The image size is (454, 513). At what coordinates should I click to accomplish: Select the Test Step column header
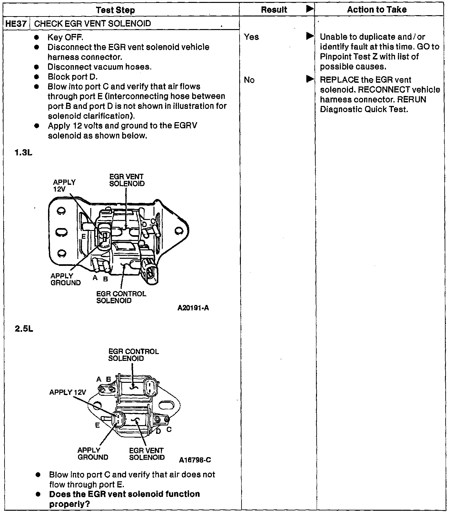(x=115, y=10)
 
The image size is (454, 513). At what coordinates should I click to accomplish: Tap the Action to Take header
(x=377, y=10)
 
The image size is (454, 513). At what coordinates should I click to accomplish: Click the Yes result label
(x=251, y=37)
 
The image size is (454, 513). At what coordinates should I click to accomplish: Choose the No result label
(x=249, y=80)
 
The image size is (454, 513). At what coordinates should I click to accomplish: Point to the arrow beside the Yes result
(x=310, y=36)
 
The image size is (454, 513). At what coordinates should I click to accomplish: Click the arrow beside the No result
(x=310, y=79)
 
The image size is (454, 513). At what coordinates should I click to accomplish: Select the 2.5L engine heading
(x=24, y=329)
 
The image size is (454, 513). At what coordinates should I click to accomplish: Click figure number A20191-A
(x=193, y=308)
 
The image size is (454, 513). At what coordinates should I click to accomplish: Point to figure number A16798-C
(x=195, y=460)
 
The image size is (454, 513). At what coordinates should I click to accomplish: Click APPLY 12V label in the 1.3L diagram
(x=64, y=185)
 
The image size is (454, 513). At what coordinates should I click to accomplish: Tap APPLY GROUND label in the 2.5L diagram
(x=93, y=454)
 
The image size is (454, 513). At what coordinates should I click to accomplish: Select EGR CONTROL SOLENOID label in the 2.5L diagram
(x=133, y=355)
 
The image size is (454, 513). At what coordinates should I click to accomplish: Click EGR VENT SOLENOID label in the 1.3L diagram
(x=127, y=180)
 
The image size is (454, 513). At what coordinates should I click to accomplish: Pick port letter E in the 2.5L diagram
(x=97, y=425)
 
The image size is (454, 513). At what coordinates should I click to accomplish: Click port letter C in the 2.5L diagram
(x=169, y=429)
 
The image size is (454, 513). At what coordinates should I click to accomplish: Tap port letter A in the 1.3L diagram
(x=95, y=277)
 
